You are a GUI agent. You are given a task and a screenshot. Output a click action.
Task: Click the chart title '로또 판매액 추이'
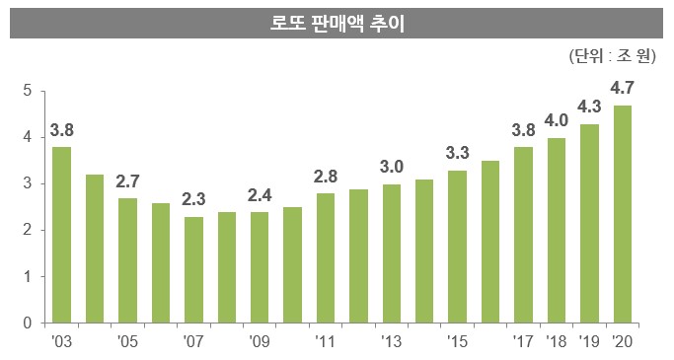coord(337,22)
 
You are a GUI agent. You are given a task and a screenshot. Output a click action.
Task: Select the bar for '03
coord(62,235)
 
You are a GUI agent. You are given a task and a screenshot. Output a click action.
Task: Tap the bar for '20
coord(623,214)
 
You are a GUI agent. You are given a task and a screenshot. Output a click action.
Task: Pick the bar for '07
coord(194,269)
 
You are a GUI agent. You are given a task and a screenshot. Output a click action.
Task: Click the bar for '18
coord(557,230)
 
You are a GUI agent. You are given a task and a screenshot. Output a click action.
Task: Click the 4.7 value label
coord(623,90)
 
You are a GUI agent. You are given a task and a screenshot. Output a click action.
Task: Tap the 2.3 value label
coord(194,200)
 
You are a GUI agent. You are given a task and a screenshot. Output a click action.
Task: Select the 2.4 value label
coord(260,195)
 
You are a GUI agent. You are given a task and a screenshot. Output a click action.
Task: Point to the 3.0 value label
coord(392,168)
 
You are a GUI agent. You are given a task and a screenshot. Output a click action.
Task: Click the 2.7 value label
coord(128,181)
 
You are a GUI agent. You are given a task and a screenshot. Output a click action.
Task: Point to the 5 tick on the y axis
coord(29,92)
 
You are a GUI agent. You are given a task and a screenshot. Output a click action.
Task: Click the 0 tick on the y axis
coord(29,324)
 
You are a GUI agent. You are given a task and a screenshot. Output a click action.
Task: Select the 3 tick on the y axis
coord(29,184)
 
